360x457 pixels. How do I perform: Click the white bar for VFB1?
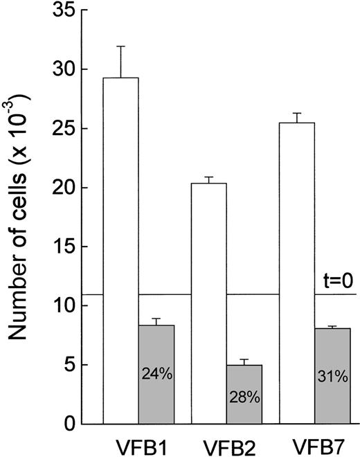coord(120,249)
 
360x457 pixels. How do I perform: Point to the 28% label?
coord(244,399)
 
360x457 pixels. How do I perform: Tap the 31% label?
coord(332,379)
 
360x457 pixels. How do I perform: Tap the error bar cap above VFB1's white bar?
coord(120,46)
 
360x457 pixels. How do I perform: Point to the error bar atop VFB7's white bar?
coord(296,114)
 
